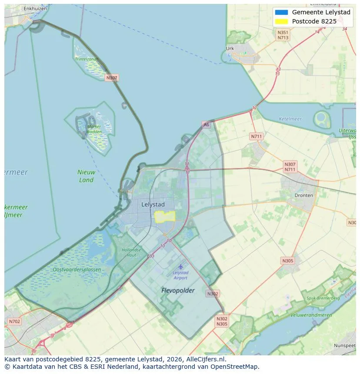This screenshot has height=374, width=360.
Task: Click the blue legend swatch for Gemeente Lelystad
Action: pyautogui.click(x=282, y=12)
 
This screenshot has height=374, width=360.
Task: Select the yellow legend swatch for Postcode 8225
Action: pyautogui.click(x=282, y=21)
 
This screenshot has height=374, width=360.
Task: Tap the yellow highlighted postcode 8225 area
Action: pyautogui.click(x=165, y=216)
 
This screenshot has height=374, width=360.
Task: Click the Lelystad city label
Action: pyautogui.click(x=153, y=204)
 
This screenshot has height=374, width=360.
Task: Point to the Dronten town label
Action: pyautogui.click(x=303, y=195)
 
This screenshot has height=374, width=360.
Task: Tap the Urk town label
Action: pyautogui.click(x=230, y=49)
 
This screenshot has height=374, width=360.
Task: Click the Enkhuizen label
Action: pyautogui.click(x=35, y=8)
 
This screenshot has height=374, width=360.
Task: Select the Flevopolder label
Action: pyautogui.click(x=178, y=291)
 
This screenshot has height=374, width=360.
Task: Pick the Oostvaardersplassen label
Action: pyautogui.click(x=77, y=270)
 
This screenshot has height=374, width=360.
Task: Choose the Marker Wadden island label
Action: pyautogui.click(x=94, y=129)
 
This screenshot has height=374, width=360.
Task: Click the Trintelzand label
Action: pyautogui.click(x=86, y=59)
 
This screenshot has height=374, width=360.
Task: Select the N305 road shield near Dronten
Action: pyautogui.click(x=287, y=261)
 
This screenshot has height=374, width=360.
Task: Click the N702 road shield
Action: pyautogui.click(x=14, y=321)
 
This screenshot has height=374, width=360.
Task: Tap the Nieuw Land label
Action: pyautogui.click(x=86, y=176)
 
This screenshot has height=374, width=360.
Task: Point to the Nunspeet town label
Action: pyautogui.click(x=345, y=345)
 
